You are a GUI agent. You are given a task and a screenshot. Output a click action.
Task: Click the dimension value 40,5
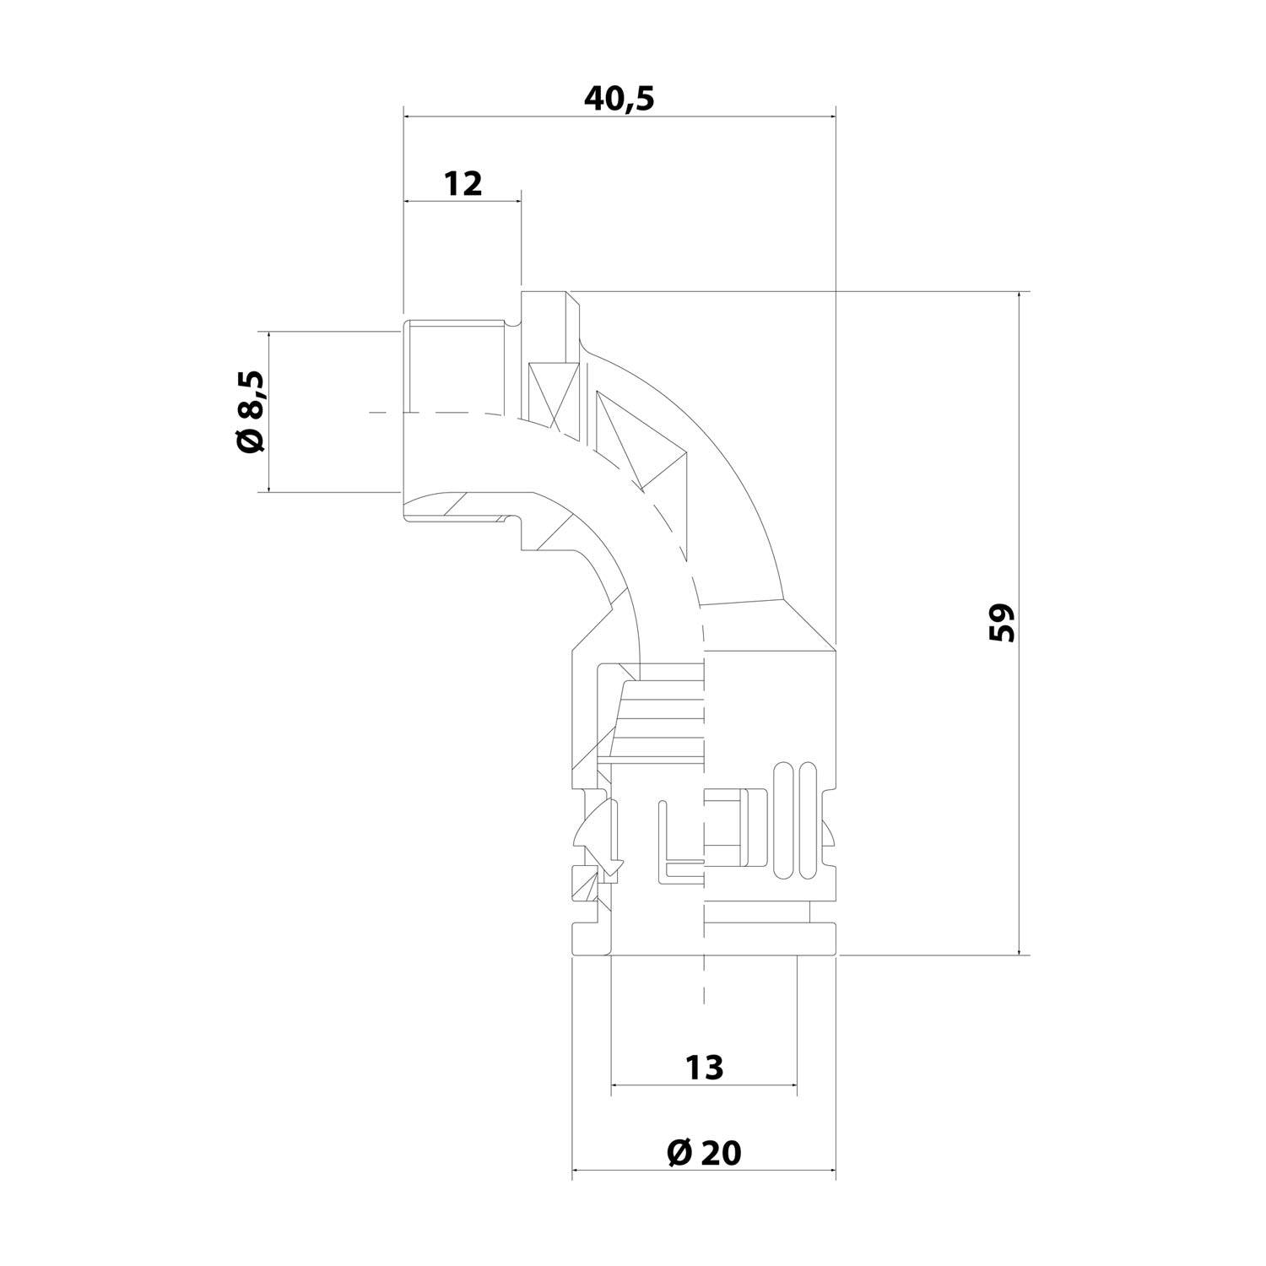619,99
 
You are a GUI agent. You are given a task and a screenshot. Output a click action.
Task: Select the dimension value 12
463,183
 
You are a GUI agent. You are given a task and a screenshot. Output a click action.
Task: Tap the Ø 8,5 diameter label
251,411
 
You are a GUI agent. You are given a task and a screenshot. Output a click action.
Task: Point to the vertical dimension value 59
1001,623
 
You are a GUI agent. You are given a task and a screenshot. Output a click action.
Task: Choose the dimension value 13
704,1067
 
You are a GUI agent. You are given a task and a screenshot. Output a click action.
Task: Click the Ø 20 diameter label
703,1152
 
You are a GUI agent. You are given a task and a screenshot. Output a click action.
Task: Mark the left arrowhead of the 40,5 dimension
410,118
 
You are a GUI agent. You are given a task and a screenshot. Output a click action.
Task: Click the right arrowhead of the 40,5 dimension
830,118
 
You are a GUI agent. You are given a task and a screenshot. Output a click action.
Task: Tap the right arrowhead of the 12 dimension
516,202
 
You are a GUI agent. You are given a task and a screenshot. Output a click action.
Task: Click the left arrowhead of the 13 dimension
616,1085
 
